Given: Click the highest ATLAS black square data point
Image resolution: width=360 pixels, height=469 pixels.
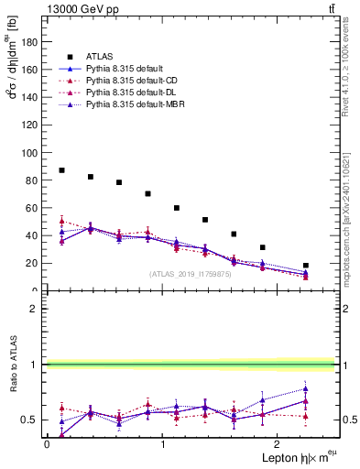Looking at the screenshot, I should tap(61, 170).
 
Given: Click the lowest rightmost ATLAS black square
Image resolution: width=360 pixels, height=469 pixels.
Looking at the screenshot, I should tap(306, 266).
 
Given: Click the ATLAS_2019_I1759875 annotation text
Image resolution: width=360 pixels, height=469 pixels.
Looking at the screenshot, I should tap(191, 274).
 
